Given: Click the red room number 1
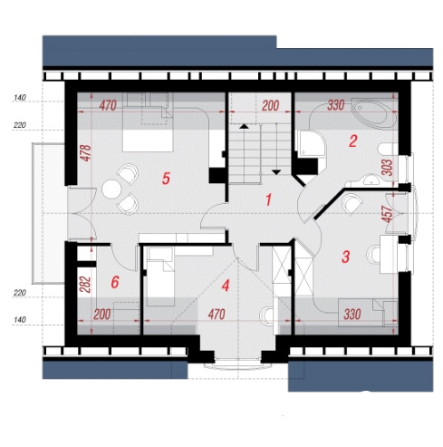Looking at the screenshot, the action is click(x=268, y=200).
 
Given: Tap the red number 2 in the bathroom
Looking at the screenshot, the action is click(x=352, y=141).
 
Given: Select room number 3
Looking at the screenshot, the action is click(x=345, y=257).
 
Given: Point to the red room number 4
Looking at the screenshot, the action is click(x=226, y=286).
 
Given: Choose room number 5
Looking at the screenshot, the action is click(x=166, y=179).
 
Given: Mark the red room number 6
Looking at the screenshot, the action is click(x=115, y=282).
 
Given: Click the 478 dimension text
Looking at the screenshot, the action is click(x=86, y=153).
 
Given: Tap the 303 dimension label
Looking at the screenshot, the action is click(x=387, y=168).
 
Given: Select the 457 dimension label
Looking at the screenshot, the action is click(x=387, y=214).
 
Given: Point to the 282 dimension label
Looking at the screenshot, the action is click(x=86, y=285).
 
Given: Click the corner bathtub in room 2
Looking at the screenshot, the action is click(x=373, y=113).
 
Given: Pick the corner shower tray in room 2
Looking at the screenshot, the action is click(x=312, y=144).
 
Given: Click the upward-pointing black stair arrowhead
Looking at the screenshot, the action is click(x=244, y=127).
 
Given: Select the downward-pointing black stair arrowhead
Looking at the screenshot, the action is click(x=276, y=172).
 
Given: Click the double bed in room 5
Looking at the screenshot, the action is click(x=148, y=122).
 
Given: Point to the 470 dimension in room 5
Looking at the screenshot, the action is click(x=108, y=106).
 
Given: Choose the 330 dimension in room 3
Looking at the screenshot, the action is click(x=352, y=315).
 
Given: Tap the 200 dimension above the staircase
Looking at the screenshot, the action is click(x=271, y=106).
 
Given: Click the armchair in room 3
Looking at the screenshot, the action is click(x=352, y=204).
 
